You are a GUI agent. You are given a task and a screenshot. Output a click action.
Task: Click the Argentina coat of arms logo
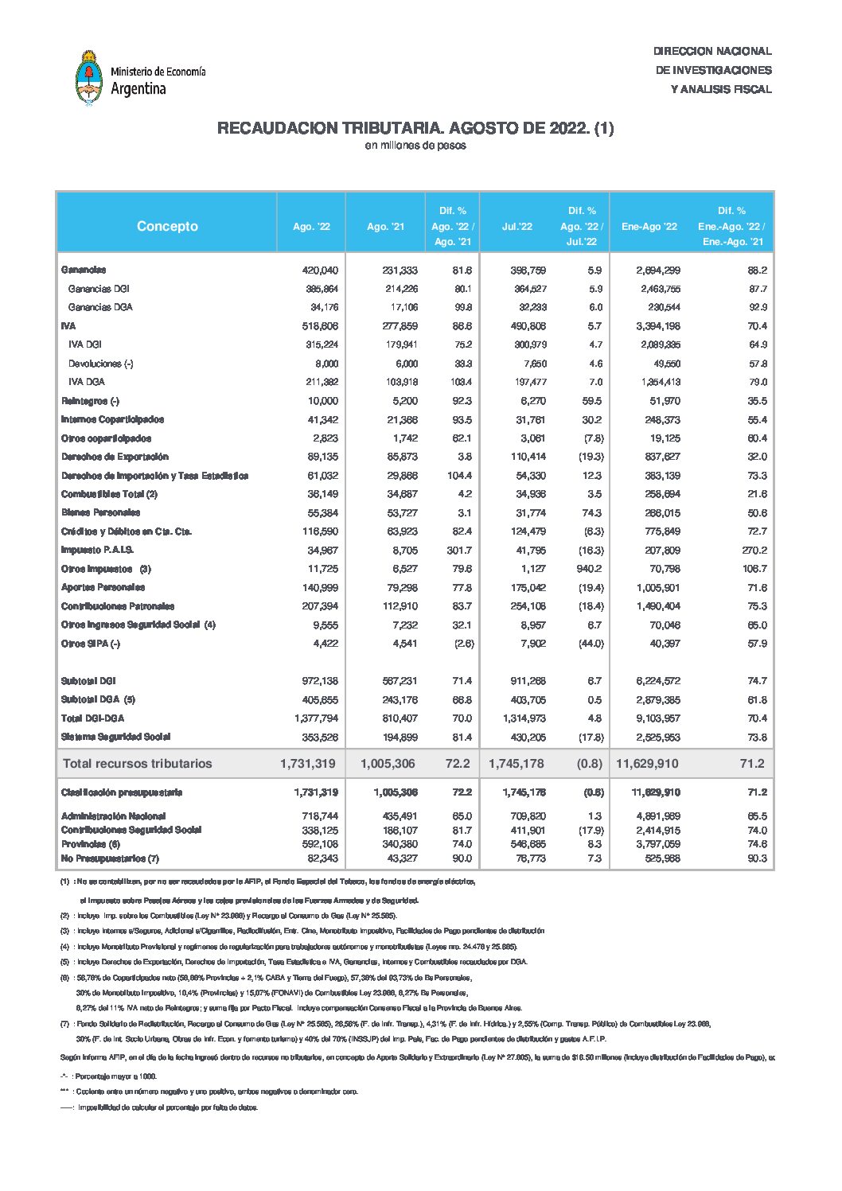88,78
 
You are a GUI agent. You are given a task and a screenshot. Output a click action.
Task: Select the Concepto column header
167,226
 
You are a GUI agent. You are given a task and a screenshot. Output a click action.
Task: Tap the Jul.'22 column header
517,227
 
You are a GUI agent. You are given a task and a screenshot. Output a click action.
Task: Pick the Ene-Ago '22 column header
649,227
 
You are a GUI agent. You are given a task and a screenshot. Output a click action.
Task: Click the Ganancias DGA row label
100,307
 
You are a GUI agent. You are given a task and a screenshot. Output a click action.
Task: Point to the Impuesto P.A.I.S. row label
97,550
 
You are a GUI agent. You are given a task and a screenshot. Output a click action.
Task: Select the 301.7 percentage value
458,550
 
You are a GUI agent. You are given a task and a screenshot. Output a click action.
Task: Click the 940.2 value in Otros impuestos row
588,569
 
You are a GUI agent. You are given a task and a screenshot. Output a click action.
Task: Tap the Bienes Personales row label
100,512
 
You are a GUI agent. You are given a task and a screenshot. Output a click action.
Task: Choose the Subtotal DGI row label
88,681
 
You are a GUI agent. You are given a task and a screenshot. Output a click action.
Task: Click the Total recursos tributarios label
138,764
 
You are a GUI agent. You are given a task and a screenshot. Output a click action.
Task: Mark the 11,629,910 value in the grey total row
647,764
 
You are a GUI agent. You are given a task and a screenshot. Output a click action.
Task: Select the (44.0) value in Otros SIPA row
591,644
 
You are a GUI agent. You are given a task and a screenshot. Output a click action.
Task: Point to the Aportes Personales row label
103,587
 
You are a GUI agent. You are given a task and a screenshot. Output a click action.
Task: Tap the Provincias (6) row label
91,844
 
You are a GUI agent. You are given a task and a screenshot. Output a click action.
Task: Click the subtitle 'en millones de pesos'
415,146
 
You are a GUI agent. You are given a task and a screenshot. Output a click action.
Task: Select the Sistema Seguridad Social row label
115,737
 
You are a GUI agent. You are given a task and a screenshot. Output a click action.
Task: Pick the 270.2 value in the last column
753,550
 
